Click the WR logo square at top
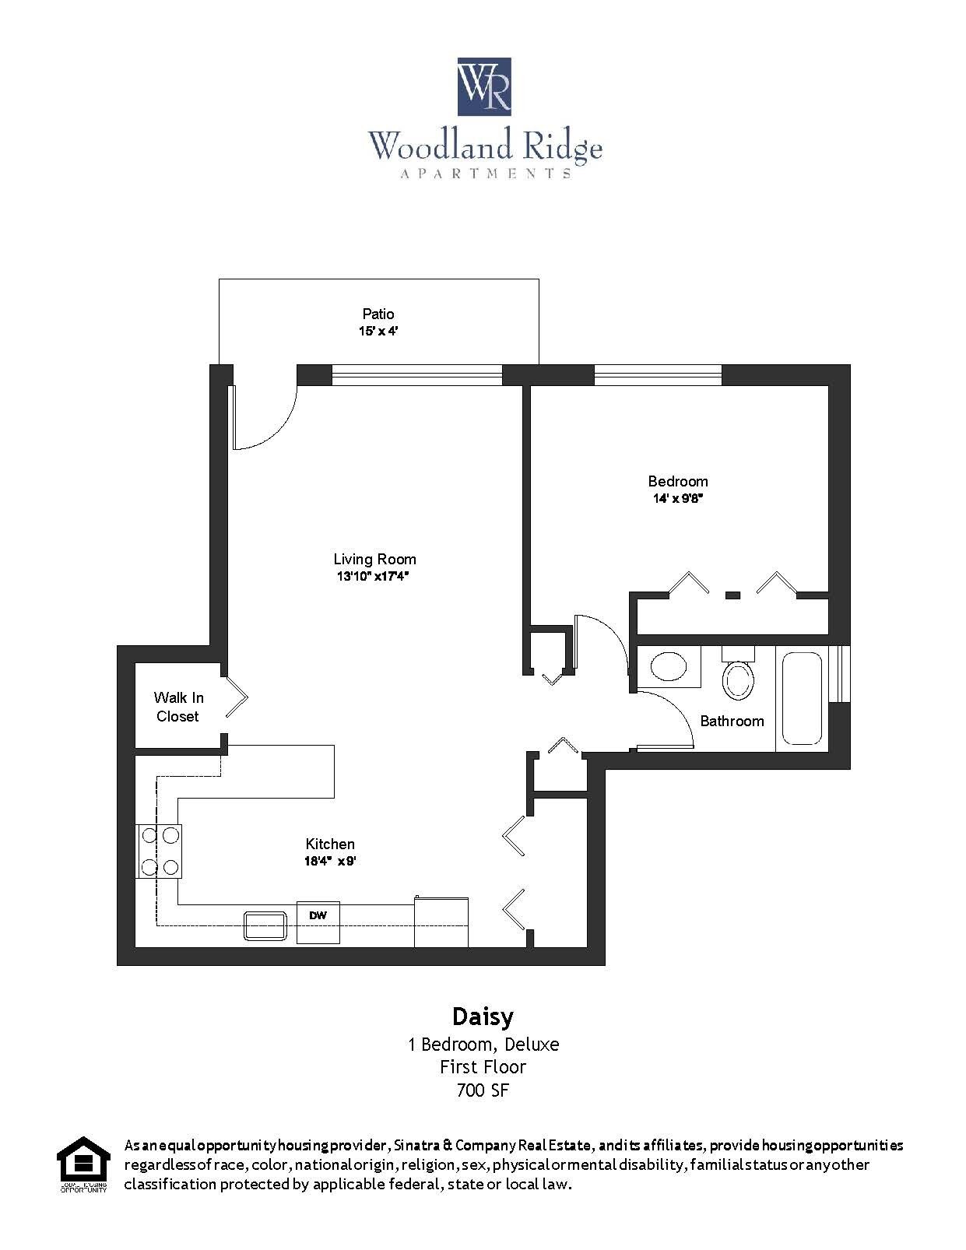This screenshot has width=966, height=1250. coord(483,86)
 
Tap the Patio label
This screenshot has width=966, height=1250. coord(378,314)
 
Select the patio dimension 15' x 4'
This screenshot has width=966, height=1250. coord(378,331)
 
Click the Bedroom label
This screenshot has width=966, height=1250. coord(678,481)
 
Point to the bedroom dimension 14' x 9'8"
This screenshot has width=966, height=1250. coord(678,498)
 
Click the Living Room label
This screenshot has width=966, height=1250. coord(374,559)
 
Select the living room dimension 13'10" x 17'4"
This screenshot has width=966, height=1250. coord(373,577)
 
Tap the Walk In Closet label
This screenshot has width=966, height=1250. coord(178,707)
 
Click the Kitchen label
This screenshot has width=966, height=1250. coord(330,844)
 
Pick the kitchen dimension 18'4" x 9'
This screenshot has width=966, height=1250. coord(330,862)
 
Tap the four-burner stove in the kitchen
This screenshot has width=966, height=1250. coord(160,851)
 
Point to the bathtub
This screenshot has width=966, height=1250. coord(802,699)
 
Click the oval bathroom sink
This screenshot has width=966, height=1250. coord(669,667)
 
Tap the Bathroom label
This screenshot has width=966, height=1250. coord(732,722)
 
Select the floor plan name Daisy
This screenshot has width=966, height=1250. coord(483,1017)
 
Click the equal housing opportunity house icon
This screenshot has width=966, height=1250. coord(83,1162)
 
